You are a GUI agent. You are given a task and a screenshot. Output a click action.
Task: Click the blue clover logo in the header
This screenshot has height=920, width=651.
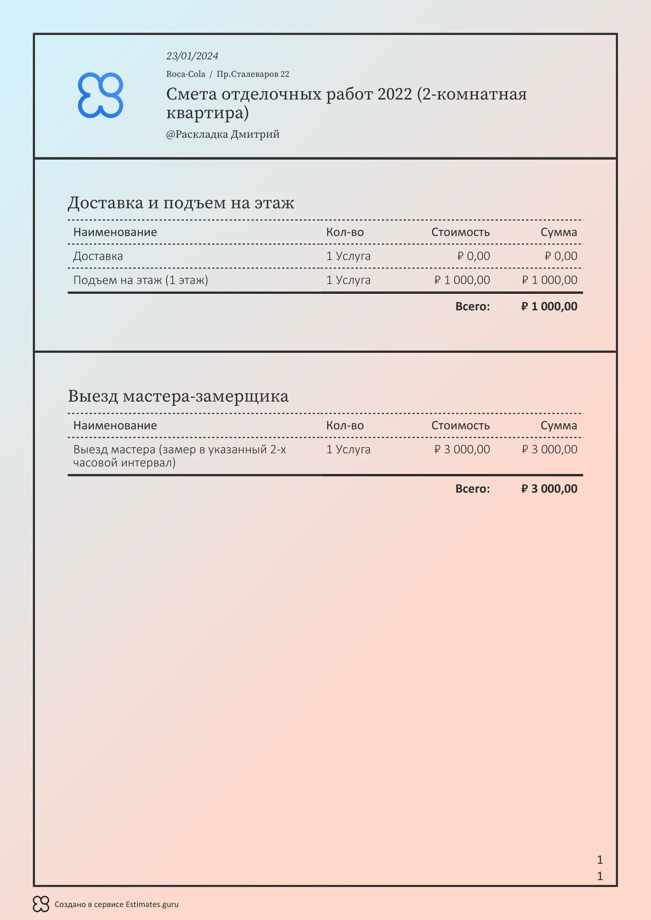click(100, 95)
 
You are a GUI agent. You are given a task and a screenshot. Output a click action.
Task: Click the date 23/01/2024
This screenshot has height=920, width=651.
click(192, 56)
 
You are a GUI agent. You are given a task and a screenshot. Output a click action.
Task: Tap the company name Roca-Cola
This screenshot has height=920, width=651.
click(186, 74)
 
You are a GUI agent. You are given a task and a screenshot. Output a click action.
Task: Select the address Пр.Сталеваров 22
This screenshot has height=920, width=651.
click(253, 74)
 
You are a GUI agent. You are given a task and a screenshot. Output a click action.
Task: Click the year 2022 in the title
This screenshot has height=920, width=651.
click(394, 94)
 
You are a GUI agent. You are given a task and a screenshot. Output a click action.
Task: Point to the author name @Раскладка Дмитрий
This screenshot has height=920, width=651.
click(222, 134)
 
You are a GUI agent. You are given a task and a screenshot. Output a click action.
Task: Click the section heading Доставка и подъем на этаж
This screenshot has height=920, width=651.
click(181, 203)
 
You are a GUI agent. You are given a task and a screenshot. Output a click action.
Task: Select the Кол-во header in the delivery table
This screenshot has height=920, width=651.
click(345, 232)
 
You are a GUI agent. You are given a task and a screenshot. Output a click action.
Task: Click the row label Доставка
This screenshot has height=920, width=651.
click(98, 256)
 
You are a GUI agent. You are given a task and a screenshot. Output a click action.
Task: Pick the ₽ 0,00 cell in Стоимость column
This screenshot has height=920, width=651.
click(473, 256)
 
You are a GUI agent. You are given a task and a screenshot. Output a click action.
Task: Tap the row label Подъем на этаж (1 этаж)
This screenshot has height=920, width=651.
click(140, 280)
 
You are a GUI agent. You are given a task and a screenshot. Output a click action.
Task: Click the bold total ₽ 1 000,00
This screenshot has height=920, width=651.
click(549, 306)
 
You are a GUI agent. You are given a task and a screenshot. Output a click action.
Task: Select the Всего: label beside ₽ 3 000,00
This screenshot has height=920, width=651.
click(472, 489)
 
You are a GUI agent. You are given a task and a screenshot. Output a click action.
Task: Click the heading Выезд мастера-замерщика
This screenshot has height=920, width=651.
click(178, 396)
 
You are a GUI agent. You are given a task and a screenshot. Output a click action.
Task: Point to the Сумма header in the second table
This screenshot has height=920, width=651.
click(559, 426)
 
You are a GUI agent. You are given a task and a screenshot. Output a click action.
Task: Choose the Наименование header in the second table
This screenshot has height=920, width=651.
click(115, 426)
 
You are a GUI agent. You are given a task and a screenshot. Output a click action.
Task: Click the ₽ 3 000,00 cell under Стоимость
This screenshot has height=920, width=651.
click(462, 450)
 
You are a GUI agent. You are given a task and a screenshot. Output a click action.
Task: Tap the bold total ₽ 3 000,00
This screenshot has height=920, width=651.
click(549, 489)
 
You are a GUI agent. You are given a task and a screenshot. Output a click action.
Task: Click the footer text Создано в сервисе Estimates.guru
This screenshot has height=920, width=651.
click(116, 904)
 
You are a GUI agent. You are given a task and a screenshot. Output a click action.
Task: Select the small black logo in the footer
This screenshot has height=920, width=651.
click(41, 904)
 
